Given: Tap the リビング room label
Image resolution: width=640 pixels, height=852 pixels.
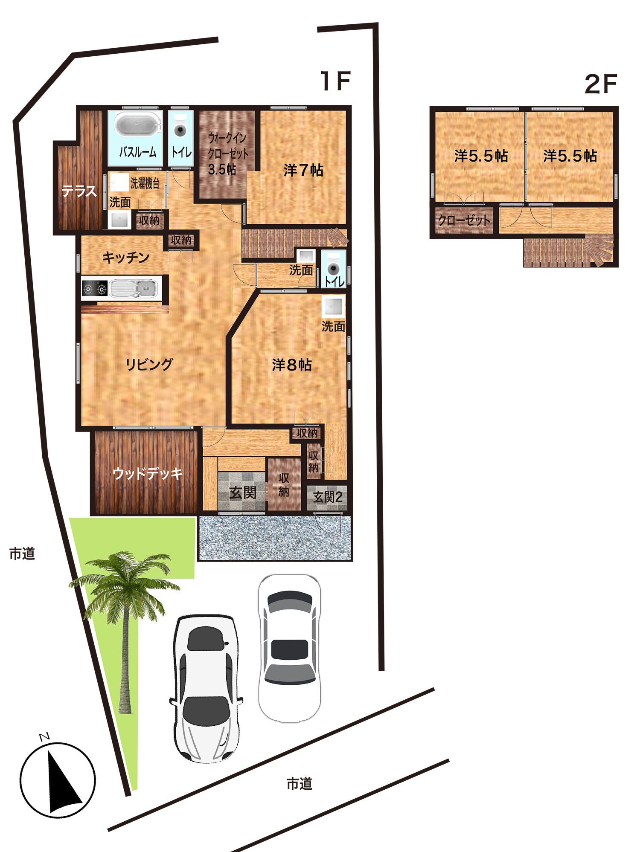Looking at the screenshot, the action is tap(149, 365).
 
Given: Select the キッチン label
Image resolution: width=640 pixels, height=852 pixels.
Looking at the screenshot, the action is tap(126, 258).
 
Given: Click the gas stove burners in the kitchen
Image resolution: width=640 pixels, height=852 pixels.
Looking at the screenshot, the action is tap(95, 289).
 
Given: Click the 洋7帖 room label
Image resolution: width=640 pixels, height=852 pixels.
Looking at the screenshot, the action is tap(303, 170).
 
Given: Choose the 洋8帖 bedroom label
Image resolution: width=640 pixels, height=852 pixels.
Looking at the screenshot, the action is tap(292, 365).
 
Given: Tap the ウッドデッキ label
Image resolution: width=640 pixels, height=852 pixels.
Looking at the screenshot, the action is tap(148, 473).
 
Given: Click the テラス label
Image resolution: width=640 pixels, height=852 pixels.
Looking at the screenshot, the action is tap(79, 191).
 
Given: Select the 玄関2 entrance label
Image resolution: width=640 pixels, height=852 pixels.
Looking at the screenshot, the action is tap(327, 497).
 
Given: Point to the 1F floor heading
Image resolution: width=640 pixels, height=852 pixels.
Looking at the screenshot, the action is tap(335, 81).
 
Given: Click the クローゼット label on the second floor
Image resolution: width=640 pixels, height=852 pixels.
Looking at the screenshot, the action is tap(464, 220).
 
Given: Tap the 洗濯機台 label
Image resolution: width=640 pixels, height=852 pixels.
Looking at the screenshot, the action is tap(145, 183).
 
